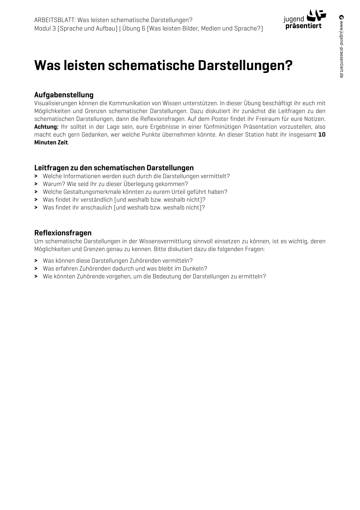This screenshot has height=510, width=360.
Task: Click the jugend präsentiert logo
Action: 305,19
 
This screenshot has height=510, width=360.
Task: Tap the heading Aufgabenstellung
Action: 64,95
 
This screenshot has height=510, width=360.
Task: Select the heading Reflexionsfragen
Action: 63,233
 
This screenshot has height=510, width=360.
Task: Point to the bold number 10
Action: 322,135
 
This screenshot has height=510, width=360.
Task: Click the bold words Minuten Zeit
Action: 51,142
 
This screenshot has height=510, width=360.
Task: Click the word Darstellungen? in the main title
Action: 245,65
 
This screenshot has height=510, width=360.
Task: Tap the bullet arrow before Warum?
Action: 36,184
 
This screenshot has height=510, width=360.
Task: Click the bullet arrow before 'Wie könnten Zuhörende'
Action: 36,276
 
